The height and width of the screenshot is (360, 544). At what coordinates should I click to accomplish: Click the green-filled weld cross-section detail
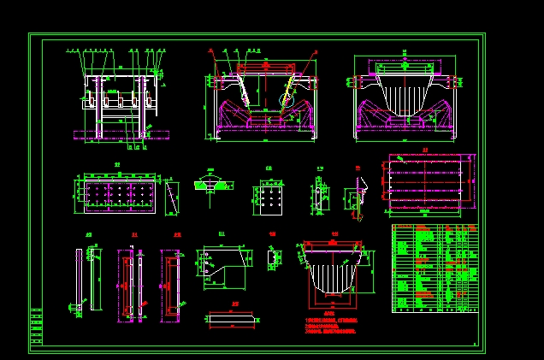pos(210,183)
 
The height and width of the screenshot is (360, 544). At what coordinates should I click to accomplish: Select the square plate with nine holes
pos(269,199)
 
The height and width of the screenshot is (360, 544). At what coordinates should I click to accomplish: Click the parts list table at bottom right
pos(434,269)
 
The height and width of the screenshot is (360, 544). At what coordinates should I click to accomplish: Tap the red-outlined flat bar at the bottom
pos(233,317)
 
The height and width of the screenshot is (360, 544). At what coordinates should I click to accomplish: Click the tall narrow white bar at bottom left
pos(79,278)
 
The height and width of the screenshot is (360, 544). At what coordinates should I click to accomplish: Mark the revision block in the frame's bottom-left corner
pos(35,325)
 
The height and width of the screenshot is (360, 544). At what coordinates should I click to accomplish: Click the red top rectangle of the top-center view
pos(266,66)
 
